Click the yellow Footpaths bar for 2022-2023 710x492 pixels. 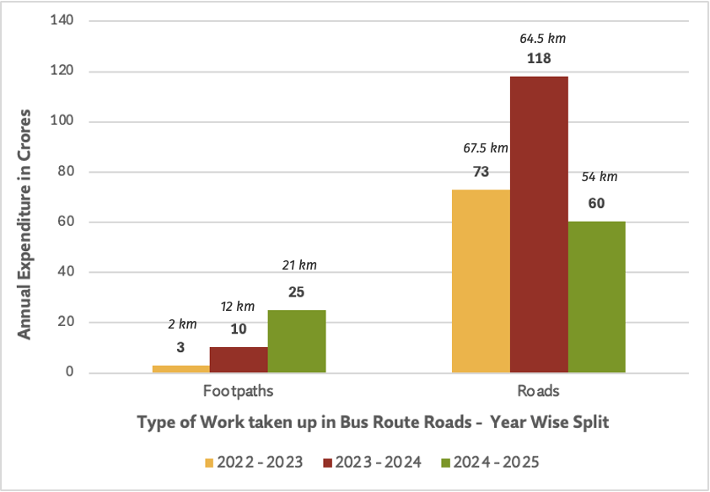[x=181, y=369]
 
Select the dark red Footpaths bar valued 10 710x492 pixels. [x=239, y=360]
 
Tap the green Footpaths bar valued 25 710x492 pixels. [x=297, y=341]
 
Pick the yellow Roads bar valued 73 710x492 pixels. [x=481, y=281]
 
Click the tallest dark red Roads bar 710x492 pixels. [x=539, y=225]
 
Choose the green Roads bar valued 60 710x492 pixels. [x=597, y=297]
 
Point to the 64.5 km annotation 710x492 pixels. [x=542, y=39]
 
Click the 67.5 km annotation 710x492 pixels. [x=486, y=148]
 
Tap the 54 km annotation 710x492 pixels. [x=600, y=176]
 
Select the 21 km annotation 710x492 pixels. [x=299, y=265]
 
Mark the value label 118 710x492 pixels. [x=539, y=58]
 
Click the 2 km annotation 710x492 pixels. [x=182, y=324]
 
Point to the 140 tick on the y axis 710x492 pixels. [x=62, y=20]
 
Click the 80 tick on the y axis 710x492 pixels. [x=66, y=172]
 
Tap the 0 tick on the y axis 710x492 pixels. [x=69, y=372]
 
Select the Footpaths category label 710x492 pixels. [x=238, y=391]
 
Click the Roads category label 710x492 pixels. [x=538, y=391]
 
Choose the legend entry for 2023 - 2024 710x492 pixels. [x=372, y=463]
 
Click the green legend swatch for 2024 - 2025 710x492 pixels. [x=445, y=463]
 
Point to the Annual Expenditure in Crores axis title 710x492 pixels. [x=24, y=224]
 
